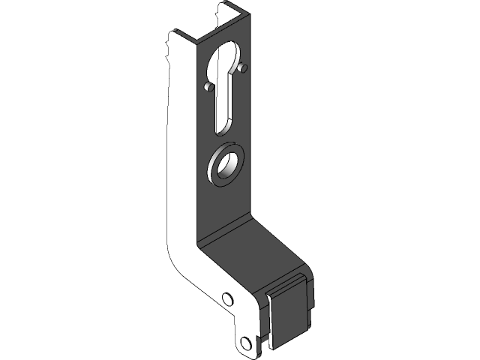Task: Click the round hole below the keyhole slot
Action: pos(226,165)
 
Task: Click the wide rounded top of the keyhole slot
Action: pos(227,58)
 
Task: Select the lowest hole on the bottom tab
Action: pos(244,343)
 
